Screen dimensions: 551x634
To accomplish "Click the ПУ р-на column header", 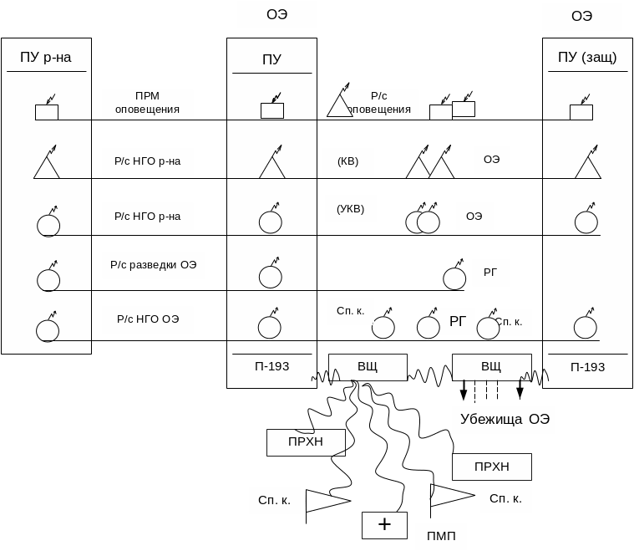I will [46, 58].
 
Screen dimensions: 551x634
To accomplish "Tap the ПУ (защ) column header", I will [587, 58].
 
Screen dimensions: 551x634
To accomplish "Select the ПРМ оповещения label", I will [147, 103].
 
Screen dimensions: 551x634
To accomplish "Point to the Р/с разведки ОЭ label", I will [153, 265].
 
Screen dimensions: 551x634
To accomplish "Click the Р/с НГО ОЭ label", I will [148, 319].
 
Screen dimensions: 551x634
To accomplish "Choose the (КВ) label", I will [347, 161].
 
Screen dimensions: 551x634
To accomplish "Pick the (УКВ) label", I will [350, 209].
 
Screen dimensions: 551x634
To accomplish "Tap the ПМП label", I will [440, 536].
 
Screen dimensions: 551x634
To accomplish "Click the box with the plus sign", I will [384, 525].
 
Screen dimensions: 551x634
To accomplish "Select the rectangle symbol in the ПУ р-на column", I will [46, 112].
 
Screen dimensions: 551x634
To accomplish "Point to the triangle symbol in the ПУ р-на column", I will [47, 166].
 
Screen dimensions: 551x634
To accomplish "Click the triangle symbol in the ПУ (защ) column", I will [587, 167].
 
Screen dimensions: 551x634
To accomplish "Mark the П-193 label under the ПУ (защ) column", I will [587, 367].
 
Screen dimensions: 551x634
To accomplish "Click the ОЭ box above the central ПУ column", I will [276, 14].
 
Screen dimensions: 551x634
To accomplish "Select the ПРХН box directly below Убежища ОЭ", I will [491, 467].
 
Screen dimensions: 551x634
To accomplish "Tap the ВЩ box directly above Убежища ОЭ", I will [491, 367].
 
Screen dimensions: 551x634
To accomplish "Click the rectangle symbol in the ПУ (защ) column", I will [581, 112].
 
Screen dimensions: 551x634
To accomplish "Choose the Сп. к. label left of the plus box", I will [274, 500].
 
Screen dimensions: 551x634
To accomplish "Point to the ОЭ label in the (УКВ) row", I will [474, 216].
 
